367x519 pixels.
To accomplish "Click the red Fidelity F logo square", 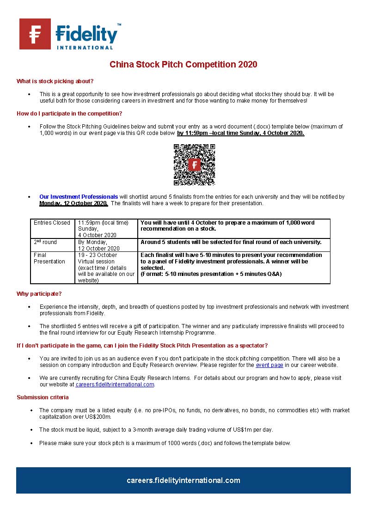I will pyautogui.click(x=35, y=34).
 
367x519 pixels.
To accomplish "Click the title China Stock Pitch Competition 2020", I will pyautogui.click(x=183, y=64).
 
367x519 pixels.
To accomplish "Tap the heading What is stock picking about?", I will pyautogui.click(x=55, y=81).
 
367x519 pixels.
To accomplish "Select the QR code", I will pyautogui.click(x=194, y=165).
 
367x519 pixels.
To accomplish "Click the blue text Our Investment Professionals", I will pyautogui.click(x=79, y=197).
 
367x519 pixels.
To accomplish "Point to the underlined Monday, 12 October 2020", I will pyautogui.click(x=73, y=203).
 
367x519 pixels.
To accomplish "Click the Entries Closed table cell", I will pyautogui.click(x=52, y=223).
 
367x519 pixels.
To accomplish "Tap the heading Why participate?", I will pyautogui.click(x=39, y=294).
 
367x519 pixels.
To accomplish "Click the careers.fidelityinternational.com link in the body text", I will pyautogui.click(x=115, y=385).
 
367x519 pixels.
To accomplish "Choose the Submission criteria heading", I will pyautogui.click(x=43, y=397).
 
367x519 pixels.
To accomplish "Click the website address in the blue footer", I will pyautogui.click(x=183, y=480).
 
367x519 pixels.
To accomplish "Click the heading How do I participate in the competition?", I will pyautogui.click(x=69, y=114).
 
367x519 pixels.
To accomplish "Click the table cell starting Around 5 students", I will pyautogui.click(x=231, y=242).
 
